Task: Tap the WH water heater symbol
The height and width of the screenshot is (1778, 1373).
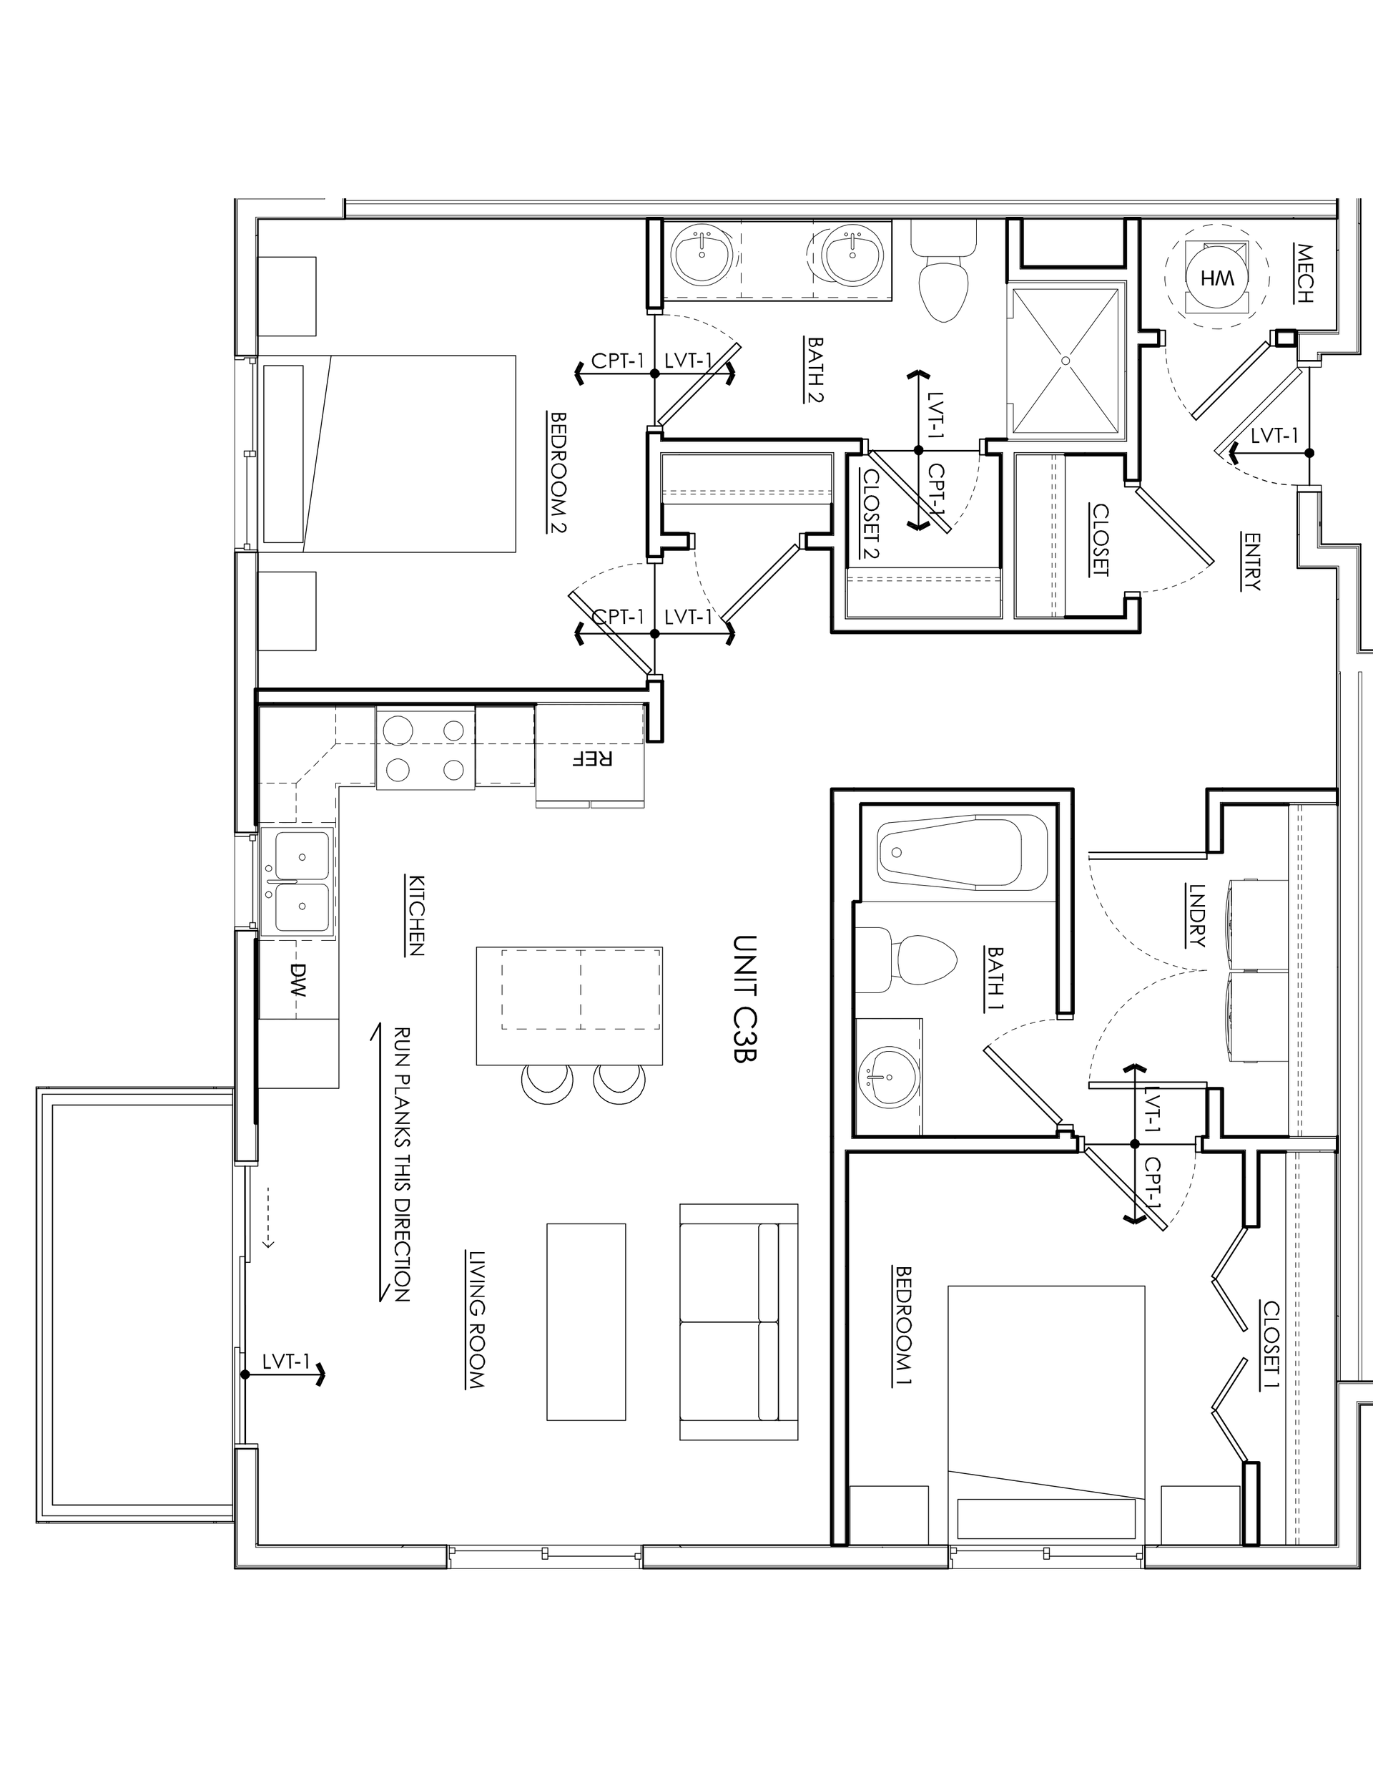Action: pos(1216,278)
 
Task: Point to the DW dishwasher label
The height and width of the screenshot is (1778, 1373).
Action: pos(298,980)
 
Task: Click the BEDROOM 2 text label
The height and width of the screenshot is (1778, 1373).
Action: pos(558,472)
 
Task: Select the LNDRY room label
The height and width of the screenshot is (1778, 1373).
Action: pos(1196,916)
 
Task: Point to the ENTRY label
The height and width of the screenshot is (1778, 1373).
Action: pos(1251,561)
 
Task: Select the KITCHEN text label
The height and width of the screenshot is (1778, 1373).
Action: pos(415,915)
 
